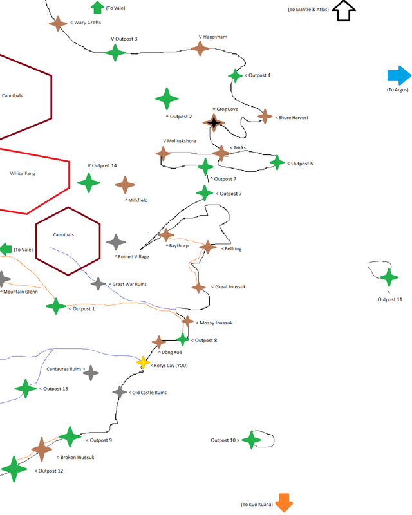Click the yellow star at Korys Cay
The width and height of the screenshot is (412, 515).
pos(143,362)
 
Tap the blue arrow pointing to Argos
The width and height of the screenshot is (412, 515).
pos(399,75)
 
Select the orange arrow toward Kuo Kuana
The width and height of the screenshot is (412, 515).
pos(284,503)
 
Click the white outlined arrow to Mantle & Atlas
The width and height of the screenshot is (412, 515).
pos(344,10)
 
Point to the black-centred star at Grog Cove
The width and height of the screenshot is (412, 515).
pos(214,123)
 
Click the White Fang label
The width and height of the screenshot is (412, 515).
pos(23,173)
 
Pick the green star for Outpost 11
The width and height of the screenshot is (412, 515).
pos(389,277)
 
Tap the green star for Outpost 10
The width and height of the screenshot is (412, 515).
pos(251,440)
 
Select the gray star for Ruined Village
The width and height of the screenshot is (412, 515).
pos(116,243)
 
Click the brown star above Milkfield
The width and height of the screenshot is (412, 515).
pos(125,185)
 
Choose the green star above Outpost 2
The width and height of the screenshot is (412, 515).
pos(167,98)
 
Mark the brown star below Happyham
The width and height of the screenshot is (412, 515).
pos(200,49)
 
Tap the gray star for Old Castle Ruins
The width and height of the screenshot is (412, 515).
pos(120,392)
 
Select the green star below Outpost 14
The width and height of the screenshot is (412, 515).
pos(89,183)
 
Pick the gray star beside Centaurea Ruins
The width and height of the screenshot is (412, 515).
pos(91,373)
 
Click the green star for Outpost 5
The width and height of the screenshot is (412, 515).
pos(277,163)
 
